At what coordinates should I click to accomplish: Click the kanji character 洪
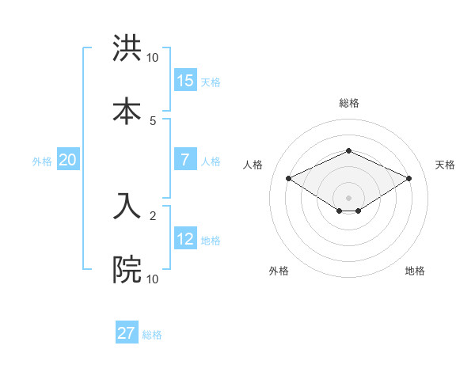pos(127,49)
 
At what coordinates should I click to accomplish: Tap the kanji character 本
pos(127,111)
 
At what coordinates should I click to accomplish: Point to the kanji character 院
pos(127,270)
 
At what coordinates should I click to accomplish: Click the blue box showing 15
pos(185,80)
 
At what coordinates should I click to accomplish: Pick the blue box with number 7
pos(185,160)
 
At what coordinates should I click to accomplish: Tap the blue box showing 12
pos(185,239)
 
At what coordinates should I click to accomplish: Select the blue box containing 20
pos(68,160)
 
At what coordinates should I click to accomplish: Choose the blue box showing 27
pos(127,333)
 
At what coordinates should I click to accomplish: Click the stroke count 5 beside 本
pos(153,120)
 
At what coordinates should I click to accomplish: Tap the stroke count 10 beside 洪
pos(153,57)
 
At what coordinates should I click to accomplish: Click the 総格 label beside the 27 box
pos(152,335)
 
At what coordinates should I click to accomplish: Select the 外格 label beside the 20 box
pos(42,161)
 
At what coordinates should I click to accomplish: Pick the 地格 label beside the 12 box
pos(211,241)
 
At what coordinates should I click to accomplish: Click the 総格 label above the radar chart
pos(348,103)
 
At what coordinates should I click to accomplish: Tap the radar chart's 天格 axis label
pos(445,165)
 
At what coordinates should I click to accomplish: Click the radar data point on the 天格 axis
pos(408,178)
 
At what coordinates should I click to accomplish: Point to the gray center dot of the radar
pos(348,197)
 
